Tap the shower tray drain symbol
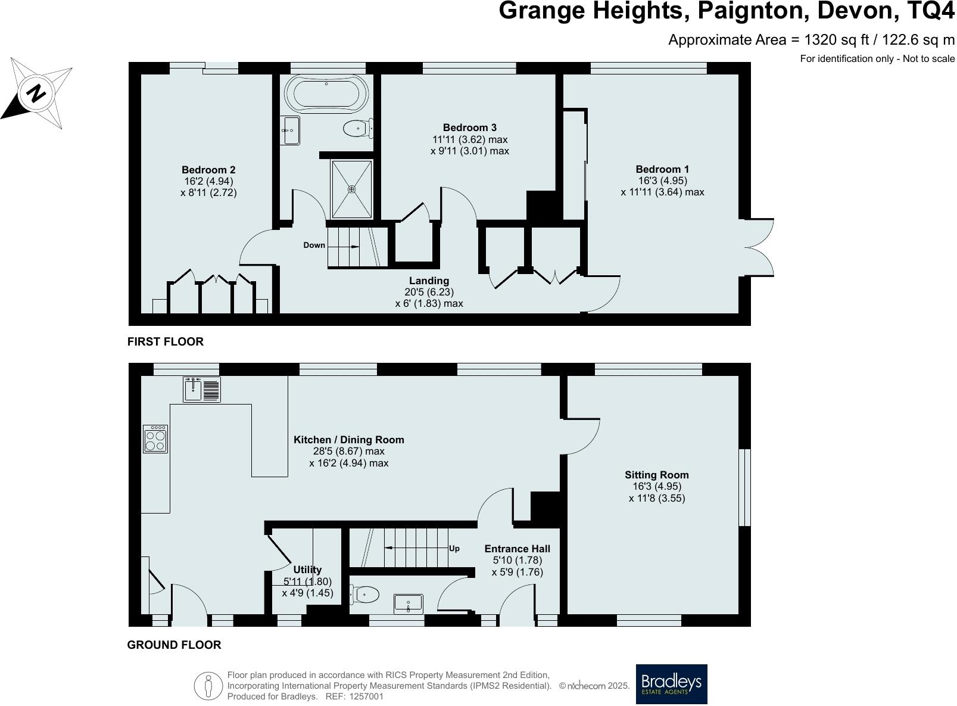click(352, 189)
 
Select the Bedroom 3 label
click(469, 127)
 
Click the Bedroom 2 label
click(208, 170)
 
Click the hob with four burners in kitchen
click(155, 440)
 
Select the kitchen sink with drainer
click(202, 390)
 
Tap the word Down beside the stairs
click(314, 245)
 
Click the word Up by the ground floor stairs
click(454, 549)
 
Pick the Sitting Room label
click(656, 475)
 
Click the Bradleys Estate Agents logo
click(671, 684)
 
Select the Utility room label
click(307, 570)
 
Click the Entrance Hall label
click(517, 549)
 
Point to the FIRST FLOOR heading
click(166, 341)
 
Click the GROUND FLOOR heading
click(174, 645)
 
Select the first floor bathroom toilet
click(357, 128)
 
